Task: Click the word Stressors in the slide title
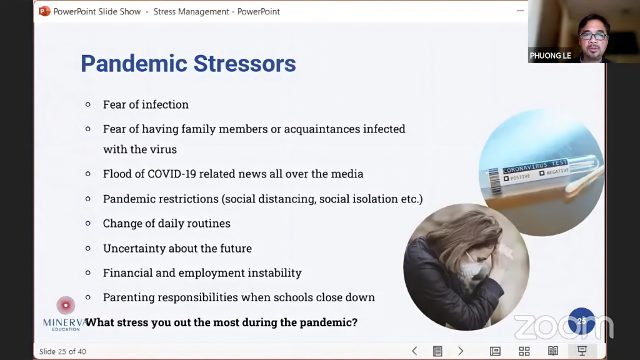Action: tap(244, 64)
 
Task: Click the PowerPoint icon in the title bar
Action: tap(44, 11)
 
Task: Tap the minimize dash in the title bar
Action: tap(520, 11)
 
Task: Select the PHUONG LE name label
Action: tap(550, 56)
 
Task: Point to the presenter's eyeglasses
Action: tap(594, 36)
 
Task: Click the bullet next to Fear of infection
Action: tap(87, 104)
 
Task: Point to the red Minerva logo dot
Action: tap(66, 305)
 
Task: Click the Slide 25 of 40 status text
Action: tap(62, 351)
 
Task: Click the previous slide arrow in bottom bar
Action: tap(414, 351)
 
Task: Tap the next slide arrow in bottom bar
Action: tap(461, 351)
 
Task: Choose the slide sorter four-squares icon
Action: tap(524, 351)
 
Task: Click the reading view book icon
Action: tap(553, 351)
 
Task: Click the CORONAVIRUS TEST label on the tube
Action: tap(535, 166)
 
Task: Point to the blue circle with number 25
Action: tap(582, 321)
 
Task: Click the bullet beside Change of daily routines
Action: tap(87, 223)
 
